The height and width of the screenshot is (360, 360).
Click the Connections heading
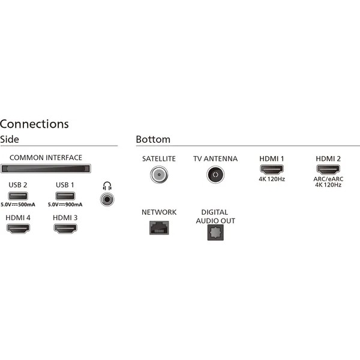pos(34,124)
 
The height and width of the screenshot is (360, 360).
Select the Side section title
pos(10,139)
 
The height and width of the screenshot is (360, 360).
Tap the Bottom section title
pos(153,139)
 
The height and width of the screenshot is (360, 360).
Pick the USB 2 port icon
pos(17,196)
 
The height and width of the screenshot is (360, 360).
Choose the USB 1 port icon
pos(65,196)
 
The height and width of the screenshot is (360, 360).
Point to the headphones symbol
pos(107,185)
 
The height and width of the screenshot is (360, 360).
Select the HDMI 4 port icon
pos(17,229)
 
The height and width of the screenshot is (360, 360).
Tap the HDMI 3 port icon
pos(65,229)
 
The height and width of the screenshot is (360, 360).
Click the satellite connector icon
pos(158,175)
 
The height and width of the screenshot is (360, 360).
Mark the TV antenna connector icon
pos(215,175)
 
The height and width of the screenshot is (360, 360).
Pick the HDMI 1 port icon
pos(271,170)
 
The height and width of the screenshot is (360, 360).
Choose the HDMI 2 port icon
pos(328,170)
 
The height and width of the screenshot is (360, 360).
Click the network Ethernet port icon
pos(158,227)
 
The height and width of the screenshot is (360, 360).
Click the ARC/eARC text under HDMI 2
pos(328,179)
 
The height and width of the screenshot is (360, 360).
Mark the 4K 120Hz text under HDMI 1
pos(271,179)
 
